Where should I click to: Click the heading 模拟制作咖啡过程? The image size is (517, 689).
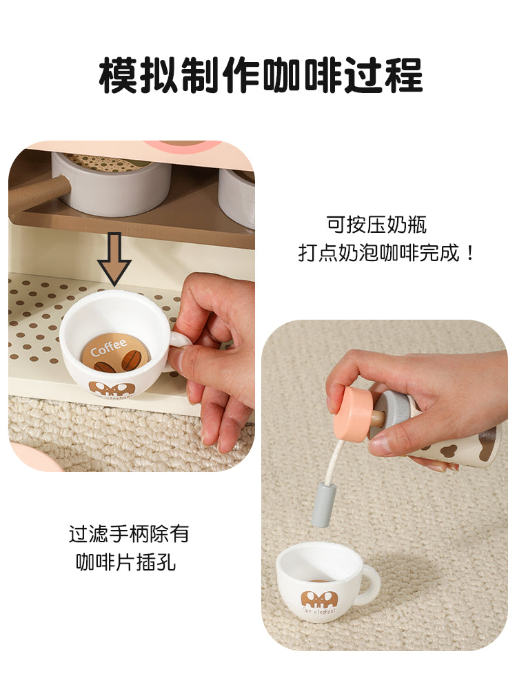coord(261,75)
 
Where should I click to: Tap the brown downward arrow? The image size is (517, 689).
coord(114,258)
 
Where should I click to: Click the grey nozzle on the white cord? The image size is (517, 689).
coord(323,504)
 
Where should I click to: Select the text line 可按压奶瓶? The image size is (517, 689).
coord(376,225)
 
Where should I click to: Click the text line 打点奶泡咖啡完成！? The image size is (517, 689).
coord(386,253)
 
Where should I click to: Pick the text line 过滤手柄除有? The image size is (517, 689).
coord(128,534)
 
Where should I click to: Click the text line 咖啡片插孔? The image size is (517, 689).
coord(125,562)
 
